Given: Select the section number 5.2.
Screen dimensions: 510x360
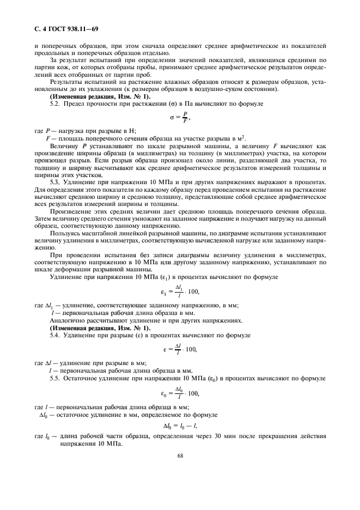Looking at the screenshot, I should point(55,104).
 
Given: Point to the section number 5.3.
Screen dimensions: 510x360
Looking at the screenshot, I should point(55,181).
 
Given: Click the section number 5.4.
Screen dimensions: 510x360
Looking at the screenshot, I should point(55,335).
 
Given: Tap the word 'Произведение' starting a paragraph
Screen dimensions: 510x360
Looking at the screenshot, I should point(70,211).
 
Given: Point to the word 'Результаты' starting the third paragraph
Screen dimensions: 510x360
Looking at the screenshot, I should point(66,81).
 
